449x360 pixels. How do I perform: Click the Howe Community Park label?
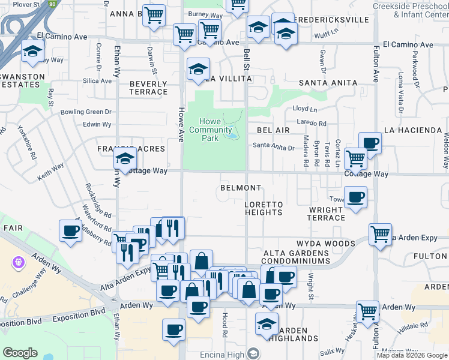click(210, 130)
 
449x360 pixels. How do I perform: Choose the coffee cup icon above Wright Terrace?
click(355, 198)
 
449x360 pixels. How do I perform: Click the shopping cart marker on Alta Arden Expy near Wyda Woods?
click(381, 235)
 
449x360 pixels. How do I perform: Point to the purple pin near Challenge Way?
click(18, 263)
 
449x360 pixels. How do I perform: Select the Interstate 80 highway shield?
click(53, 4)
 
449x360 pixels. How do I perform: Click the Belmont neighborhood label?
click(240, 188)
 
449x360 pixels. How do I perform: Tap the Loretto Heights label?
click(264, 209)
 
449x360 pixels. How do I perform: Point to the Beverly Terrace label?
click(148, 88)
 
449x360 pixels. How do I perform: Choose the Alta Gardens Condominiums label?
click(296, 257)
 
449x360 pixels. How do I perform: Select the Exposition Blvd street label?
click(79, 314)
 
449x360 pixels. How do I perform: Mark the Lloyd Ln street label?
click(304, 109)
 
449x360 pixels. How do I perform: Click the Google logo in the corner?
click(20, 353)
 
